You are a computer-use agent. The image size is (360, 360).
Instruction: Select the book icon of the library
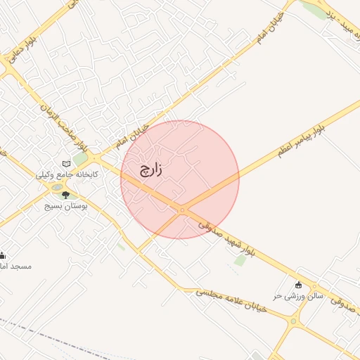point(67,164)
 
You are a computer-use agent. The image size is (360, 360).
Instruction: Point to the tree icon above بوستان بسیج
point(66,195)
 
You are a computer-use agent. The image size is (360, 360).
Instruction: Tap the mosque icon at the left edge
point(2,255)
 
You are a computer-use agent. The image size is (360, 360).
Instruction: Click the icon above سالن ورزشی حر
point(299,285)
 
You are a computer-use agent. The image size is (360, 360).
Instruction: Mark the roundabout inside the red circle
point(182,210)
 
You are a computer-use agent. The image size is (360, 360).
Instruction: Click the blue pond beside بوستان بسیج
point(56,188)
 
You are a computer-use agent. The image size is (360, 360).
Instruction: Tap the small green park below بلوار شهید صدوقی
point(240,260)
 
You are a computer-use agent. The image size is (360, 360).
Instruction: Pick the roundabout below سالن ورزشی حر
point(293,321)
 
